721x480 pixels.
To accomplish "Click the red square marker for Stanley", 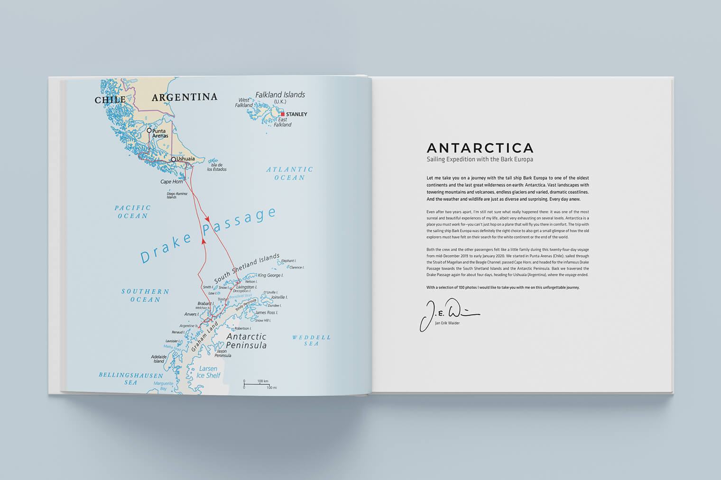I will click(x=283, y=114).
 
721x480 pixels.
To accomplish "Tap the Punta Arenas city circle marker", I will click(x=149, y=130).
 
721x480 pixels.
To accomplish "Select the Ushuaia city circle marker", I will click(x=174, y=159).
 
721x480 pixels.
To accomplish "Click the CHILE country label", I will click(x=110, y=100).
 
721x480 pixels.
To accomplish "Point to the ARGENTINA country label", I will click(x=184, y=98).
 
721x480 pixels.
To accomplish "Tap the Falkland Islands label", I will click(x=280, y=95).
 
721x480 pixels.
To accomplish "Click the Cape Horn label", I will click(x=171, y=181).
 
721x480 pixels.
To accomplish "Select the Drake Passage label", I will click(x=208, y=235).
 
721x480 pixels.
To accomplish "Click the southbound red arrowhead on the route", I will click(x=207, y=219).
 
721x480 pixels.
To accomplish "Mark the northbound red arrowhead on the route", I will click(x=204, y=241).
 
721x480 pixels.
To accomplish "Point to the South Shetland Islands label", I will click(x=247, y=268).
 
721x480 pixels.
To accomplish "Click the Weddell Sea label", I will click(x=311, y=340).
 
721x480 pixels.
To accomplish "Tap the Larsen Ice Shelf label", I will click(x=208, y=372).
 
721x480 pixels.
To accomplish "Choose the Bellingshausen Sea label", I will click(x=131, y=379).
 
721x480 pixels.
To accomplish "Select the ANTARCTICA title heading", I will click(x=480, y=148).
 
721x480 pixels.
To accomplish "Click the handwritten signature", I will click(x=448, y=313).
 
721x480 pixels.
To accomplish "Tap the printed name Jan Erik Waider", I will click(x=447, y=323).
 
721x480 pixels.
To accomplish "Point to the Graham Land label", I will click(x=204, y=337).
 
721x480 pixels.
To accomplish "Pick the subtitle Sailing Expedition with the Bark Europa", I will click(x=480, y=160).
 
